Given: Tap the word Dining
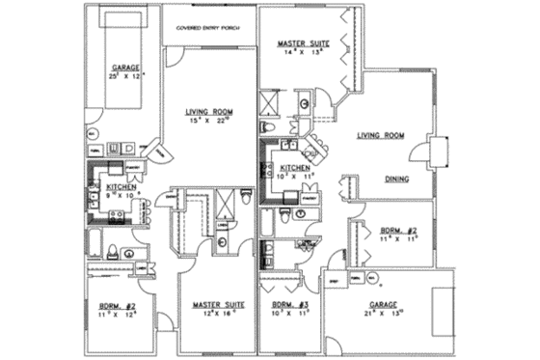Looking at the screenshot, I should point(397,179).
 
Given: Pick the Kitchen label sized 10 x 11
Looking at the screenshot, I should point(295,168).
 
